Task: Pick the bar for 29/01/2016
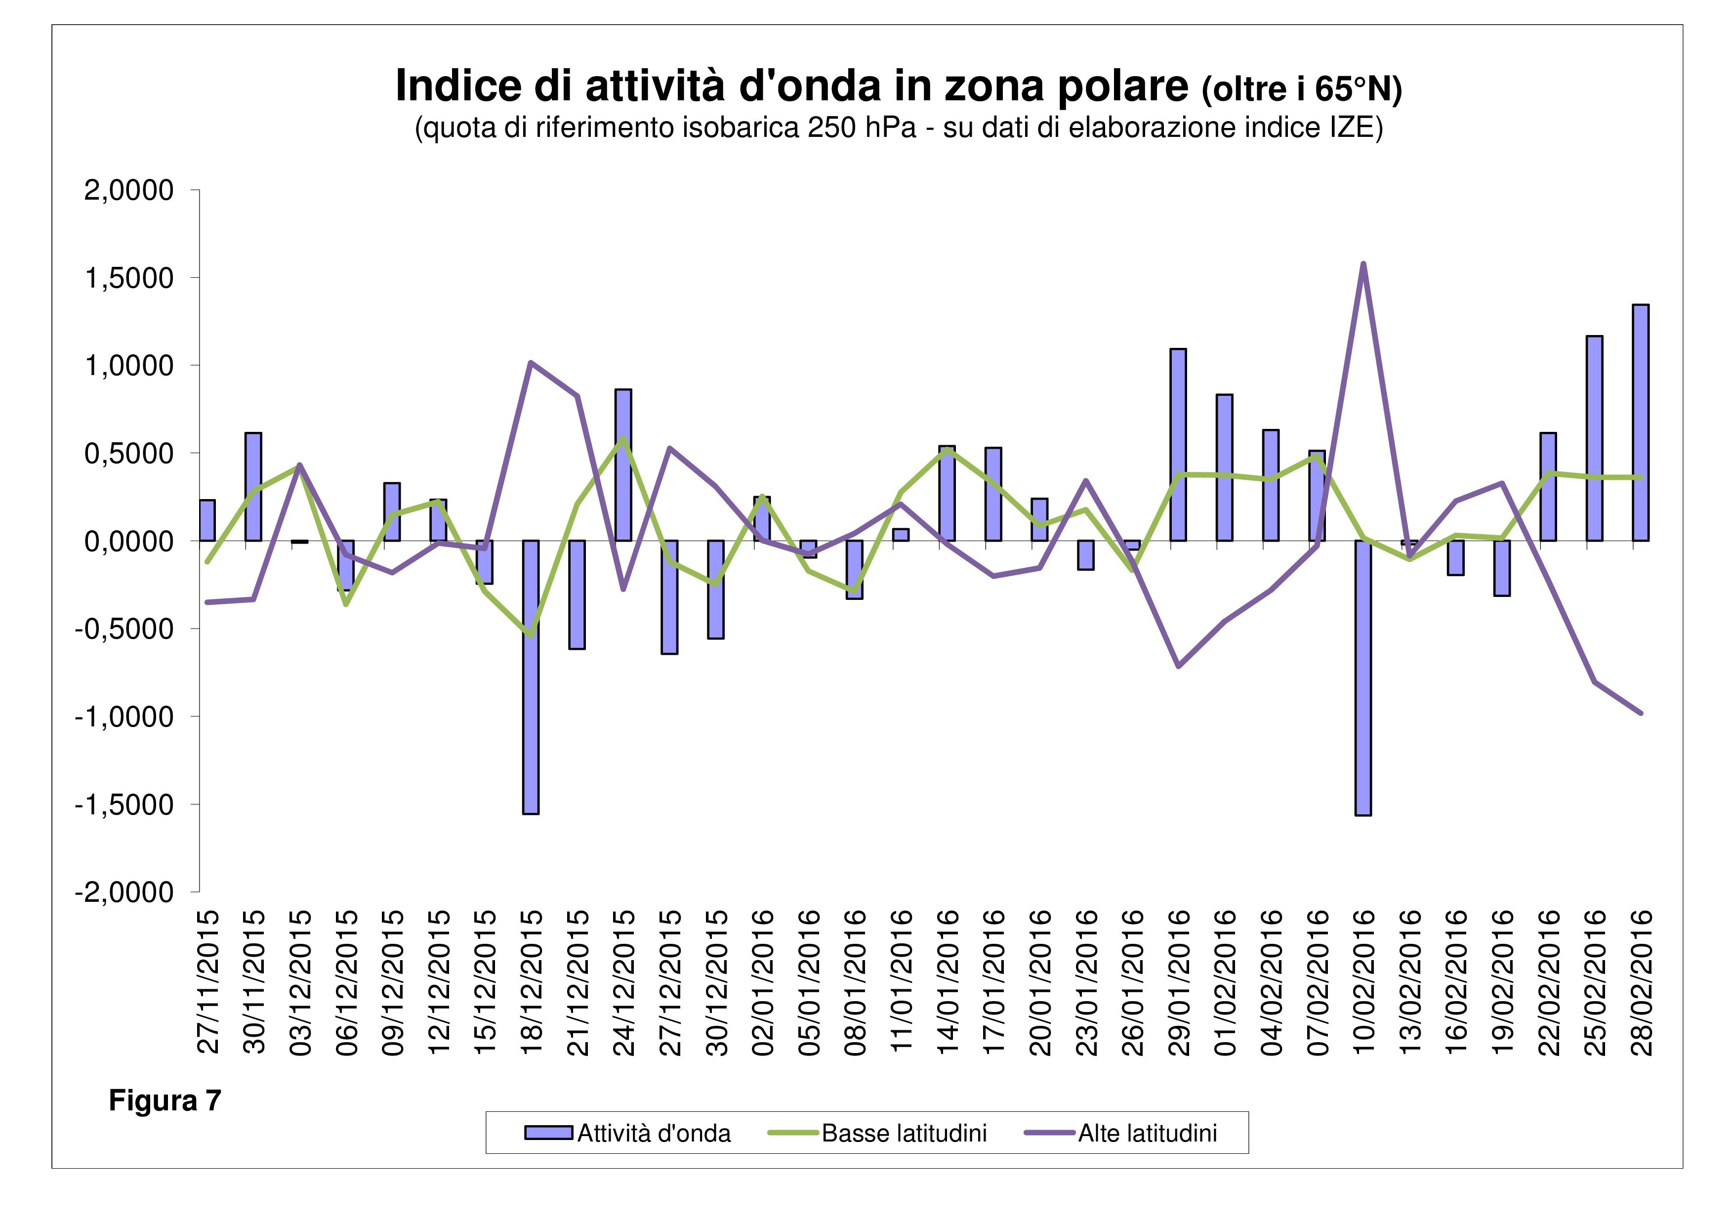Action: (1178, 445)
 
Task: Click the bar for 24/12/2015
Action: (623, 465)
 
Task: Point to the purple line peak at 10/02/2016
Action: (1363, 264)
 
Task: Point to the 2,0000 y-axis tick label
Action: (129, 190)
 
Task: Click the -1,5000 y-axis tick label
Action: (124, 804)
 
